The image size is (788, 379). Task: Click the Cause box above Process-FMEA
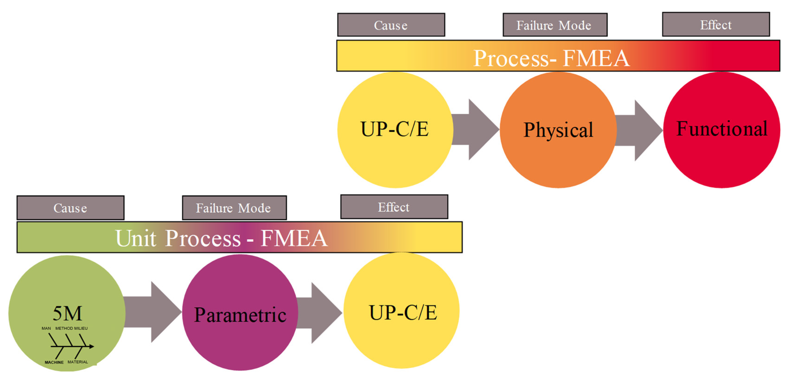click(391, 25)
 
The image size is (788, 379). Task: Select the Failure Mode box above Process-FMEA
click(555, 25)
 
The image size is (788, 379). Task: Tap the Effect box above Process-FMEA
click(716, 24)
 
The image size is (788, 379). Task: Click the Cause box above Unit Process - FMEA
click(70, 208)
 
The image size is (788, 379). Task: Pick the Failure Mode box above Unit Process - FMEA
click(234, 208)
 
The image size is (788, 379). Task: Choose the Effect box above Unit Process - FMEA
click(394, 207)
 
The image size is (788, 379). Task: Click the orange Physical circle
click(558, 130)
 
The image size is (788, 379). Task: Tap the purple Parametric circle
click(240, 312)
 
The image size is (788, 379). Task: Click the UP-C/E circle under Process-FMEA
click(395, 130)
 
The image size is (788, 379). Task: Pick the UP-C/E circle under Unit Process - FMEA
click(401, 310)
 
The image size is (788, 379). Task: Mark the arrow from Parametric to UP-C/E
click(319, 313)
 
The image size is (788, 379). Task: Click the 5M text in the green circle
click(67, 313)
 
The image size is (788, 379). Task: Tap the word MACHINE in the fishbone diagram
click(54, 362)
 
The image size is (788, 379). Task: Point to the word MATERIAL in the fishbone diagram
click(78, 362)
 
